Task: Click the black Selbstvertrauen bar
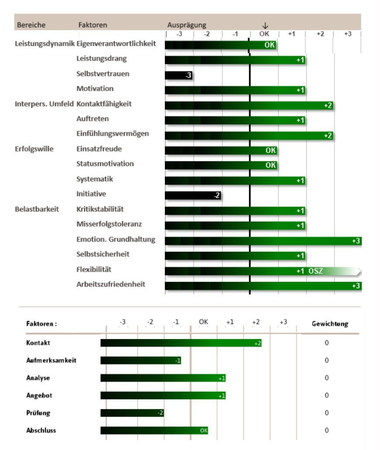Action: [x=178, y=75]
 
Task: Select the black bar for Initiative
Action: [x=192, y=195]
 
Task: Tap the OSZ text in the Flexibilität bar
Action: [x=316, y=271]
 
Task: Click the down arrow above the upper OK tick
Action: [x=265, y=25]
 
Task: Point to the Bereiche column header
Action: [x=31, y=25]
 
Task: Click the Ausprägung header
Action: [x=187, y=25]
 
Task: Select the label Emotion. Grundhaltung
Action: [x=115, y=239]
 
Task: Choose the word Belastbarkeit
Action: [x=37, y=209]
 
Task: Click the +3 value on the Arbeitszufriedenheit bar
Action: [x=356, y=286]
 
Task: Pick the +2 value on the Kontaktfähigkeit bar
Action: [x=328, y=105]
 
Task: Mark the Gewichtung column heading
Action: [x=330, y=324]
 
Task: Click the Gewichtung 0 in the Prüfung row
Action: [x=327, y=413]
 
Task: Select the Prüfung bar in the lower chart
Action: [x=132, y=413]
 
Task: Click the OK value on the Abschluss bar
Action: [x=203, y=430]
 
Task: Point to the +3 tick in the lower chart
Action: [x=283, y=322]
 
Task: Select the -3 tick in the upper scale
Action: [x=179, y=34]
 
